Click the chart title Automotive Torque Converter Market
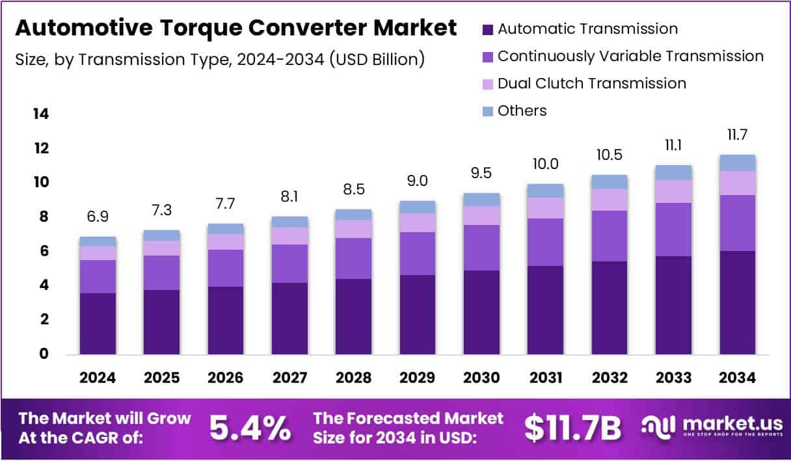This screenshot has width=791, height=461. point(235,29)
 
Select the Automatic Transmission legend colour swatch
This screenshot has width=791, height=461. point(488,29)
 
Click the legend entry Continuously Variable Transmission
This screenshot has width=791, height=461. point(630,57)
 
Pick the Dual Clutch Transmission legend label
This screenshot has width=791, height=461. point(591,83)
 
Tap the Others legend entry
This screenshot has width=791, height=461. point(522,111)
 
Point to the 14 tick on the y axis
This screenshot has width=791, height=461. point(40,114)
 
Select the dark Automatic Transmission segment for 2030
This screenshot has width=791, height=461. point(481,312)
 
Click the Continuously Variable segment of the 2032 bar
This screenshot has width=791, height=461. point(609,236)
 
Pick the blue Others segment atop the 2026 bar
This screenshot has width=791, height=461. point(225,229)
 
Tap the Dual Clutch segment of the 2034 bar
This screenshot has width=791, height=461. point(737,183)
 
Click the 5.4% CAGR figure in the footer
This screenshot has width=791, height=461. point(250,428)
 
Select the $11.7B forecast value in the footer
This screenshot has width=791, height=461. point(572,428)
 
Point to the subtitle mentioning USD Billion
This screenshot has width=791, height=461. point(220,60)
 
